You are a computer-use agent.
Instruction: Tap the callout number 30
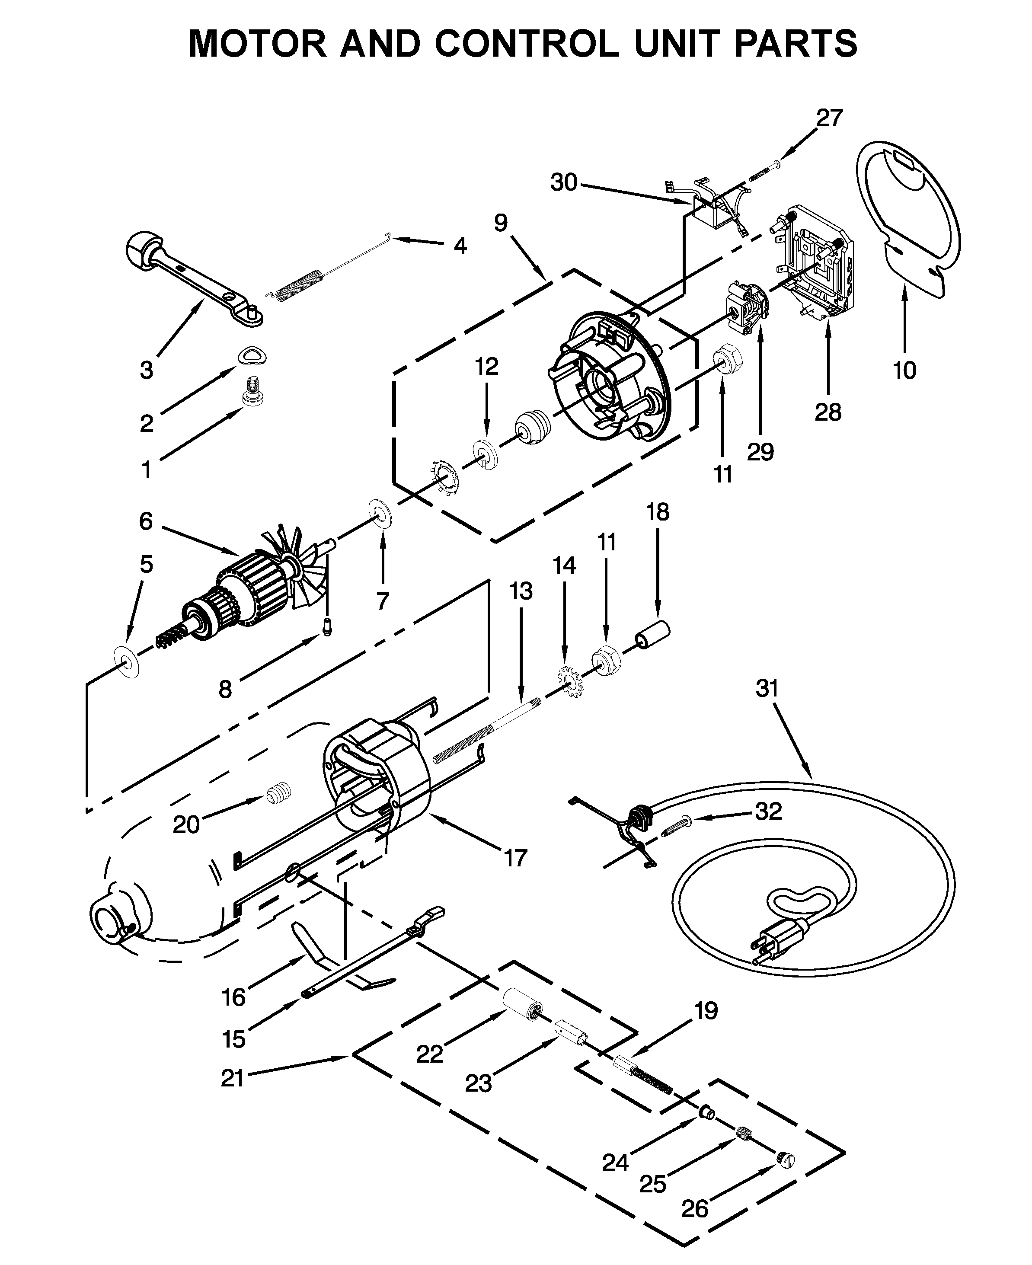coord(564,182)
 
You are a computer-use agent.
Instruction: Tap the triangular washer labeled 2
coord(252,356)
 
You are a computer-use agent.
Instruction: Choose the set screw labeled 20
coord(278,793)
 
